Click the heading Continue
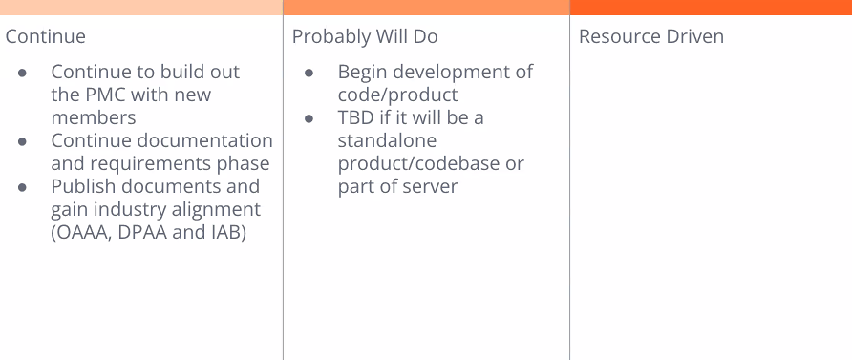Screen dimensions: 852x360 pos(46,36)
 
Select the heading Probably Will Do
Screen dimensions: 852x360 pos(365,37)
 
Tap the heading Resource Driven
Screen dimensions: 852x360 pos(651,36)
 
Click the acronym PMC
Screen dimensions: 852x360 pos(106,95)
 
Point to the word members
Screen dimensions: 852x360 pos(94,117)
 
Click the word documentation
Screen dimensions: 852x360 pos(204,140)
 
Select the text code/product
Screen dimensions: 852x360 pos(397,95)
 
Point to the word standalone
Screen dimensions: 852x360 pos(387,140)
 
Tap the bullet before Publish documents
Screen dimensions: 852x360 pos(22,187)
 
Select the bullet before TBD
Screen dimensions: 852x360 pos(309,117)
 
